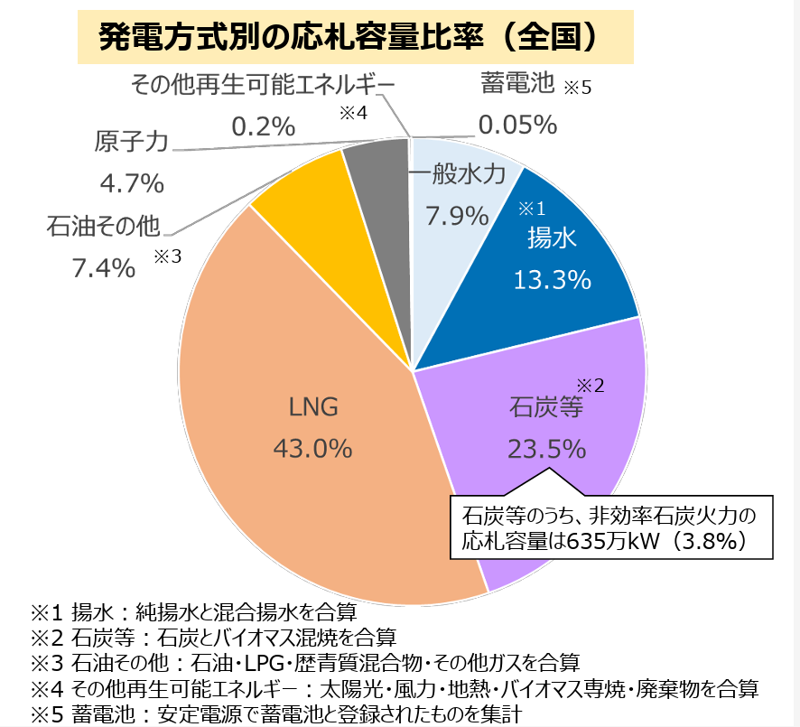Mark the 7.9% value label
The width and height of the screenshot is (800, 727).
[x=456, y=217]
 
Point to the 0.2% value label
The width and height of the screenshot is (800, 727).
[x=263, y=127]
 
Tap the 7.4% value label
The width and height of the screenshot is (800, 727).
[x=103, y=267]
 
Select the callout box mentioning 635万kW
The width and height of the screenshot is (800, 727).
[x=610, y=527]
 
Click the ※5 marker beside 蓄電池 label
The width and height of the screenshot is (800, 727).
[x=577, y=89]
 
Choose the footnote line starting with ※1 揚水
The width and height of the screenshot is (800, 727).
[x=194, y=610]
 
